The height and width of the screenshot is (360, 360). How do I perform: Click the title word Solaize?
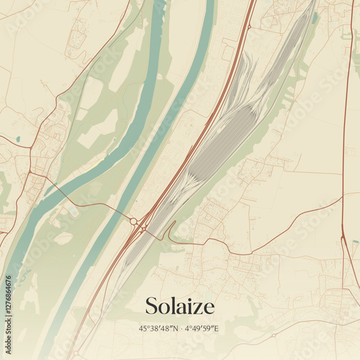179,306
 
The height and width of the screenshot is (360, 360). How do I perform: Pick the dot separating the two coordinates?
180,328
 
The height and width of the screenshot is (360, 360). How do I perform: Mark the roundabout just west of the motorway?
133,221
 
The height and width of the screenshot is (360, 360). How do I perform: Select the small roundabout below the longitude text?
273,336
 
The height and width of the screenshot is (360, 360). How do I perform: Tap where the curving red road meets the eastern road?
342,197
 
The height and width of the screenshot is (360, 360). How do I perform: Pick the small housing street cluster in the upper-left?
76,40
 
